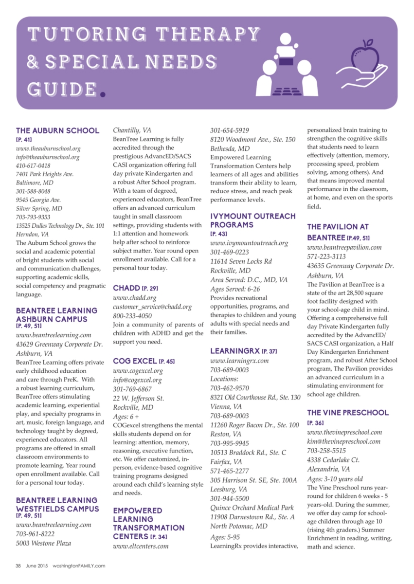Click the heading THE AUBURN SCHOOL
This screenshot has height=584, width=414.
point(57,130)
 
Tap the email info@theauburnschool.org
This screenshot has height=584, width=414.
point(48,157)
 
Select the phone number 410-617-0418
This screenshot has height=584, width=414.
point(33,166)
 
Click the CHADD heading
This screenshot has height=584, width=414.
point(127,288)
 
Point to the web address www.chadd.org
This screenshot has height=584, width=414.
point(135,297)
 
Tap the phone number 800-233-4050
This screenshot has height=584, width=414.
point(132,315)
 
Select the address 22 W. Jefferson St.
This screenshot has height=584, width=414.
point(138,398)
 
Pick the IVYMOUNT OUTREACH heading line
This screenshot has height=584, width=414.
point(252,216)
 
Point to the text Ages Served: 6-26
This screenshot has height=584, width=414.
point(235,289)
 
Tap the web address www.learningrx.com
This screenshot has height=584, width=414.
point(239,361)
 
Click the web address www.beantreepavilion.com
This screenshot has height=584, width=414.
point(344,247)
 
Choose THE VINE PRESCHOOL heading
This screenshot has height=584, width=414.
point(348,413)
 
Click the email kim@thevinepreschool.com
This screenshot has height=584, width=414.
point(344,441)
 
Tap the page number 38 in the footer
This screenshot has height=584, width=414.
point(18,566)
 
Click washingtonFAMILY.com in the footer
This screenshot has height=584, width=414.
point(79,566)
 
